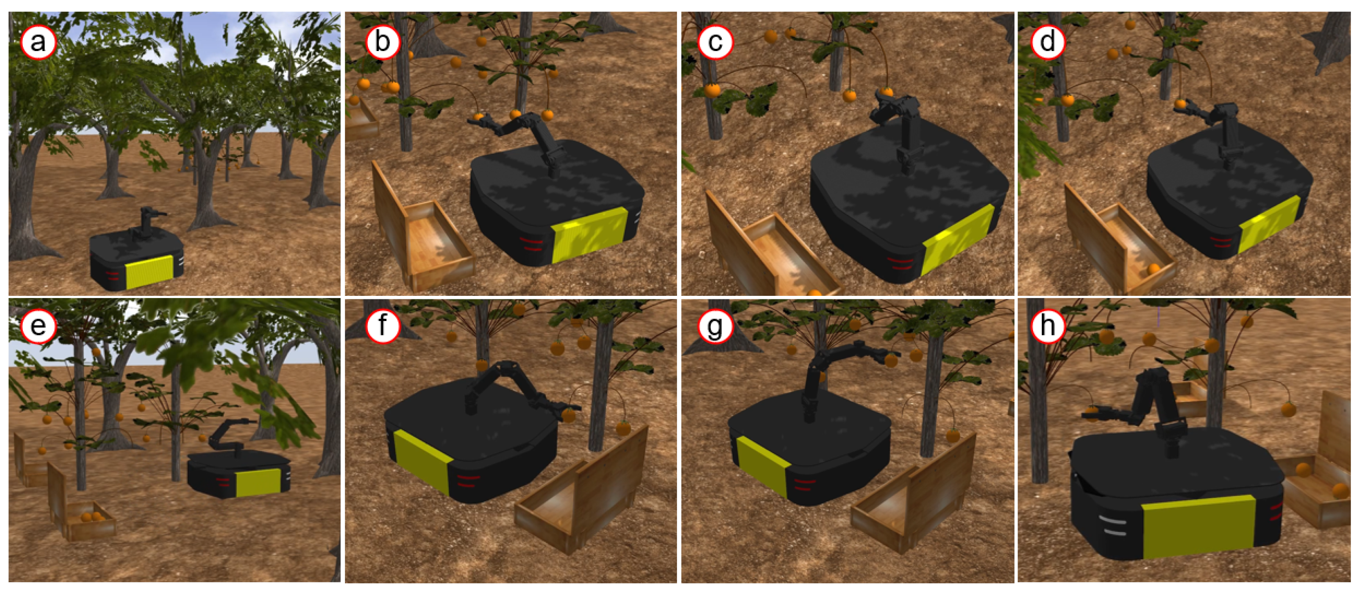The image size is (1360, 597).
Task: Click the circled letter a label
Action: point(38,42)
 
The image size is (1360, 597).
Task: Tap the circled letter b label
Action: point(382,42)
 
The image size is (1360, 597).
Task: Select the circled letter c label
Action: point(715,42)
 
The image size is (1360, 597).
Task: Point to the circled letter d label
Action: point(1048,42)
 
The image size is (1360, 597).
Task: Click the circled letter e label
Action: point(38,326)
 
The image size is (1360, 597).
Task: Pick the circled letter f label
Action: point(382,326)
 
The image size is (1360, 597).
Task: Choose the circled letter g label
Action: point(715,326)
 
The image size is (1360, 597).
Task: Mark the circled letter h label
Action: point(1048,326)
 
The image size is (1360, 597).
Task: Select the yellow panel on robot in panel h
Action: point(1198,526)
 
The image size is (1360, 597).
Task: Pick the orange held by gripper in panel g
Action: point(891,360)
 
